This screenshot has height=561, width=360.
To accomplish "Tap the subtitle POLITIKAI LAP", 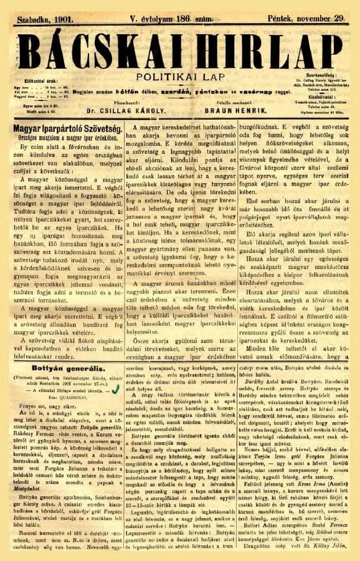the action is tap(180, 71).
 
